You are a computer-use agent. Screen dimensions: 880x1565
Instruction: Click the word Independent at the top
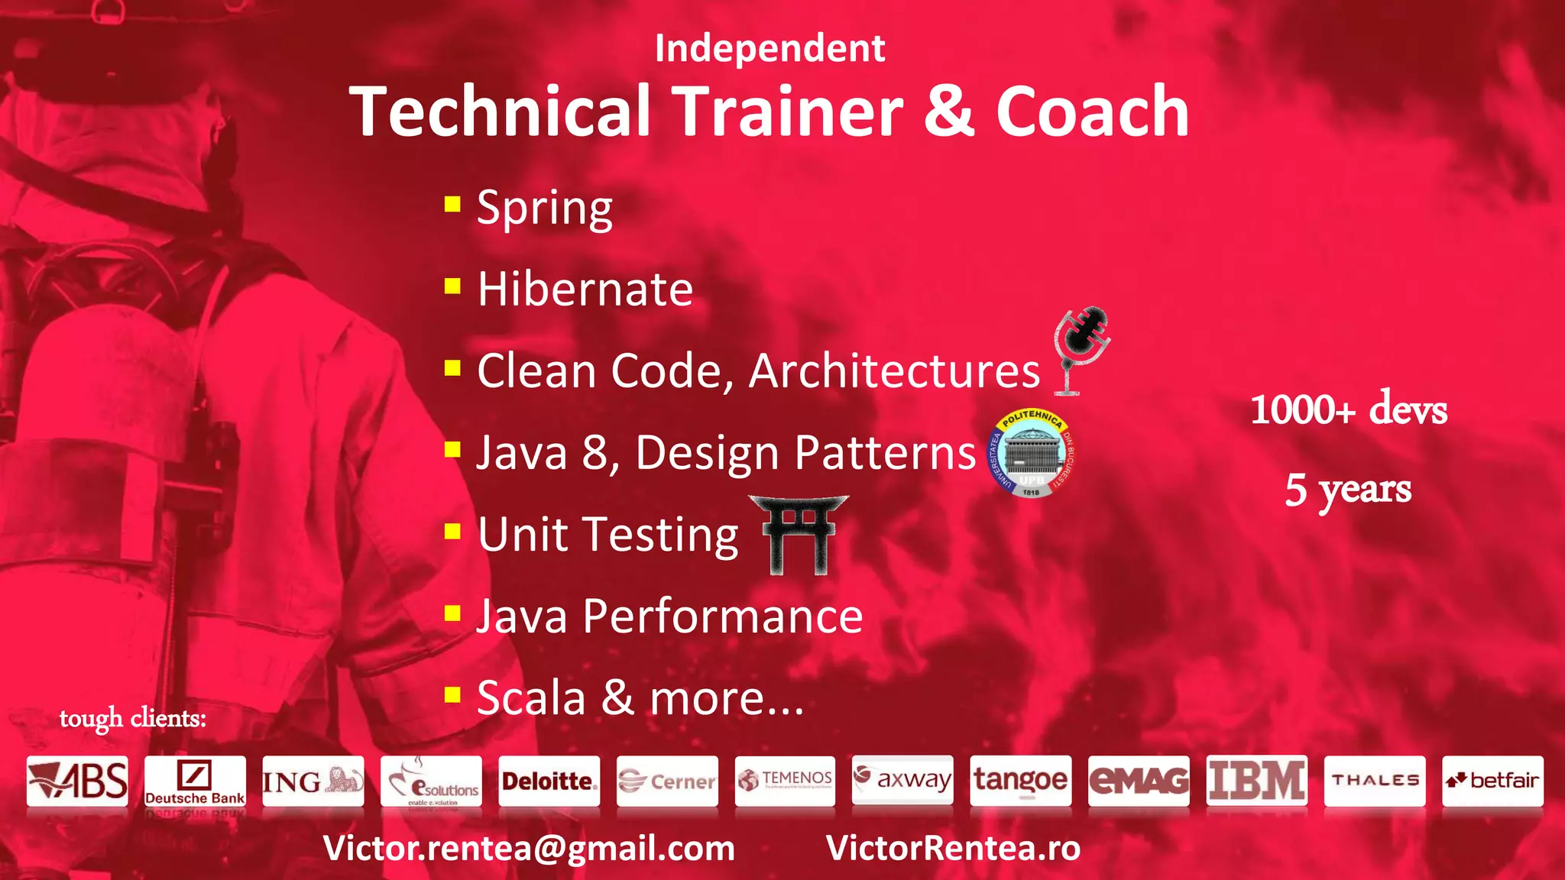tap(770, 49)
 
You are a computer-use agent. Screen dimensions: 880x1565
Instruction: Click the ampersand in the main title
tap(949, 112)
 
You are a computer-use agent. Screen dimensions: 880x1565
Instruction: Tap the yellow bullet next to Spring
tap(452, 204)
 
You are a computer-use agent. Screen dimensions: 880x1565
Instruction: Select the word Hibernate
tap(585, 290)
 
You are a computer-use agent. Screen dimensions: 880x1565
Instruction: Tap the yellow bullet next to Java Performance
tap(452, 613)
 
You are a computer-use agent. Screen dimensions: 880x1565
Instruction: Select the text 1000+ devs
tap(1349, 409)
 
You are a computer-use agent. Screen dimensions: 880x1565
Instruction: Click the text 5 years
tap(1348, 489)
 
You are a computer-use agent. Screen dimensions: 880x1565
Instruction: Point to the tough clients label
tap(133, 718)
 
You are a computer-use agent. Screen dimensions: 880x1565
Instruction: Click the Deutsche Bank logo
tap(195, 781)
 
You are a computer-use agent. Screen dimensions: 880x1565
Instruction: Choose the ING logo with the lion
tap(313, 781)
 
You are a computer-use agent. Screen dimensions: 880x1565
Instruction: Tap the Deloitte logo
tap(549, 781)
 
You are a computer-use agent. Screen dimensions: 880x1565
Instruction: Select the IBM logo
tap(1256, 781)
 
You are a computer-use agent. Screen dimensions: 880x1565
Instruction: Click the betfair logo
tap(1492, 781)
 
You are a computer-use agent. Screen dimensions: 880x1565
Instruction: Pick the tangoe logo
tap(1020, 781)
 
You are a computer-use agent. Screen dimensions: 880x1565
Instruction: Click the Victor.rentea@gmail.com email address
tap(529, 849)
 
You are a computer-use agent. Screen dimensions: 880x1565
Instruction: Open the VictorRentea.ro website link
tap(953, 849)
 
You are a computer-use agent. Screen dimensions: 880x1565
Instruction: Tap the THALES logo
tap(1375, 781)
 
